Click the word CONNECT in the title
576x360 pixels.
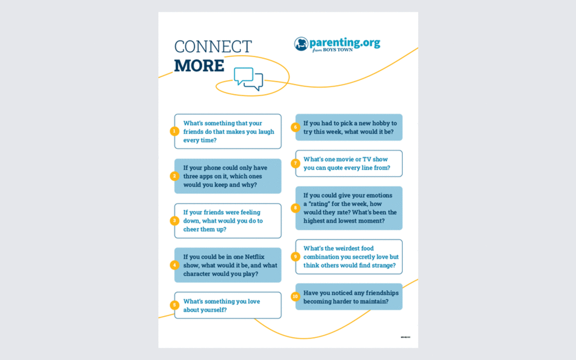213,47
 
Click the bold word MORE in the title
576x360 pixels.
199,66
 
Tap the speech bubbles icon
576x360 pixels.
248,78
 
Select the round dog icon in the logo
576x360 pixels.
301,44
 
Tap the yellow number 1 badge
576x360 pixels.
174,131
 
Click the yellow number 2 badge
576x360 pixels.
174,176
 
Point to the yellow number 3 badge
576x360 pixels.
174,220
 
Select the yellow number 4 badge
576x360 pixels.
174,265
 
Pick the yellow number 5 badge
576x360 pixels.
174,305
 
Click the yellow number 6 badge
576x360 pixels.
295,127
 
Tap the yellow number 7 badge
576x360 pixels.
295,163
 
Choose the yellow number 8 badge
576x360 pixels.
295,208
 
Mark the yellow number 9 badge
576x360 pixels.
295,257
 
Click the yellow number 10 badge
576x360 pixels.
295,296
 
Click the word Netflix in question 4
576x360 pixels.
254,257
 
